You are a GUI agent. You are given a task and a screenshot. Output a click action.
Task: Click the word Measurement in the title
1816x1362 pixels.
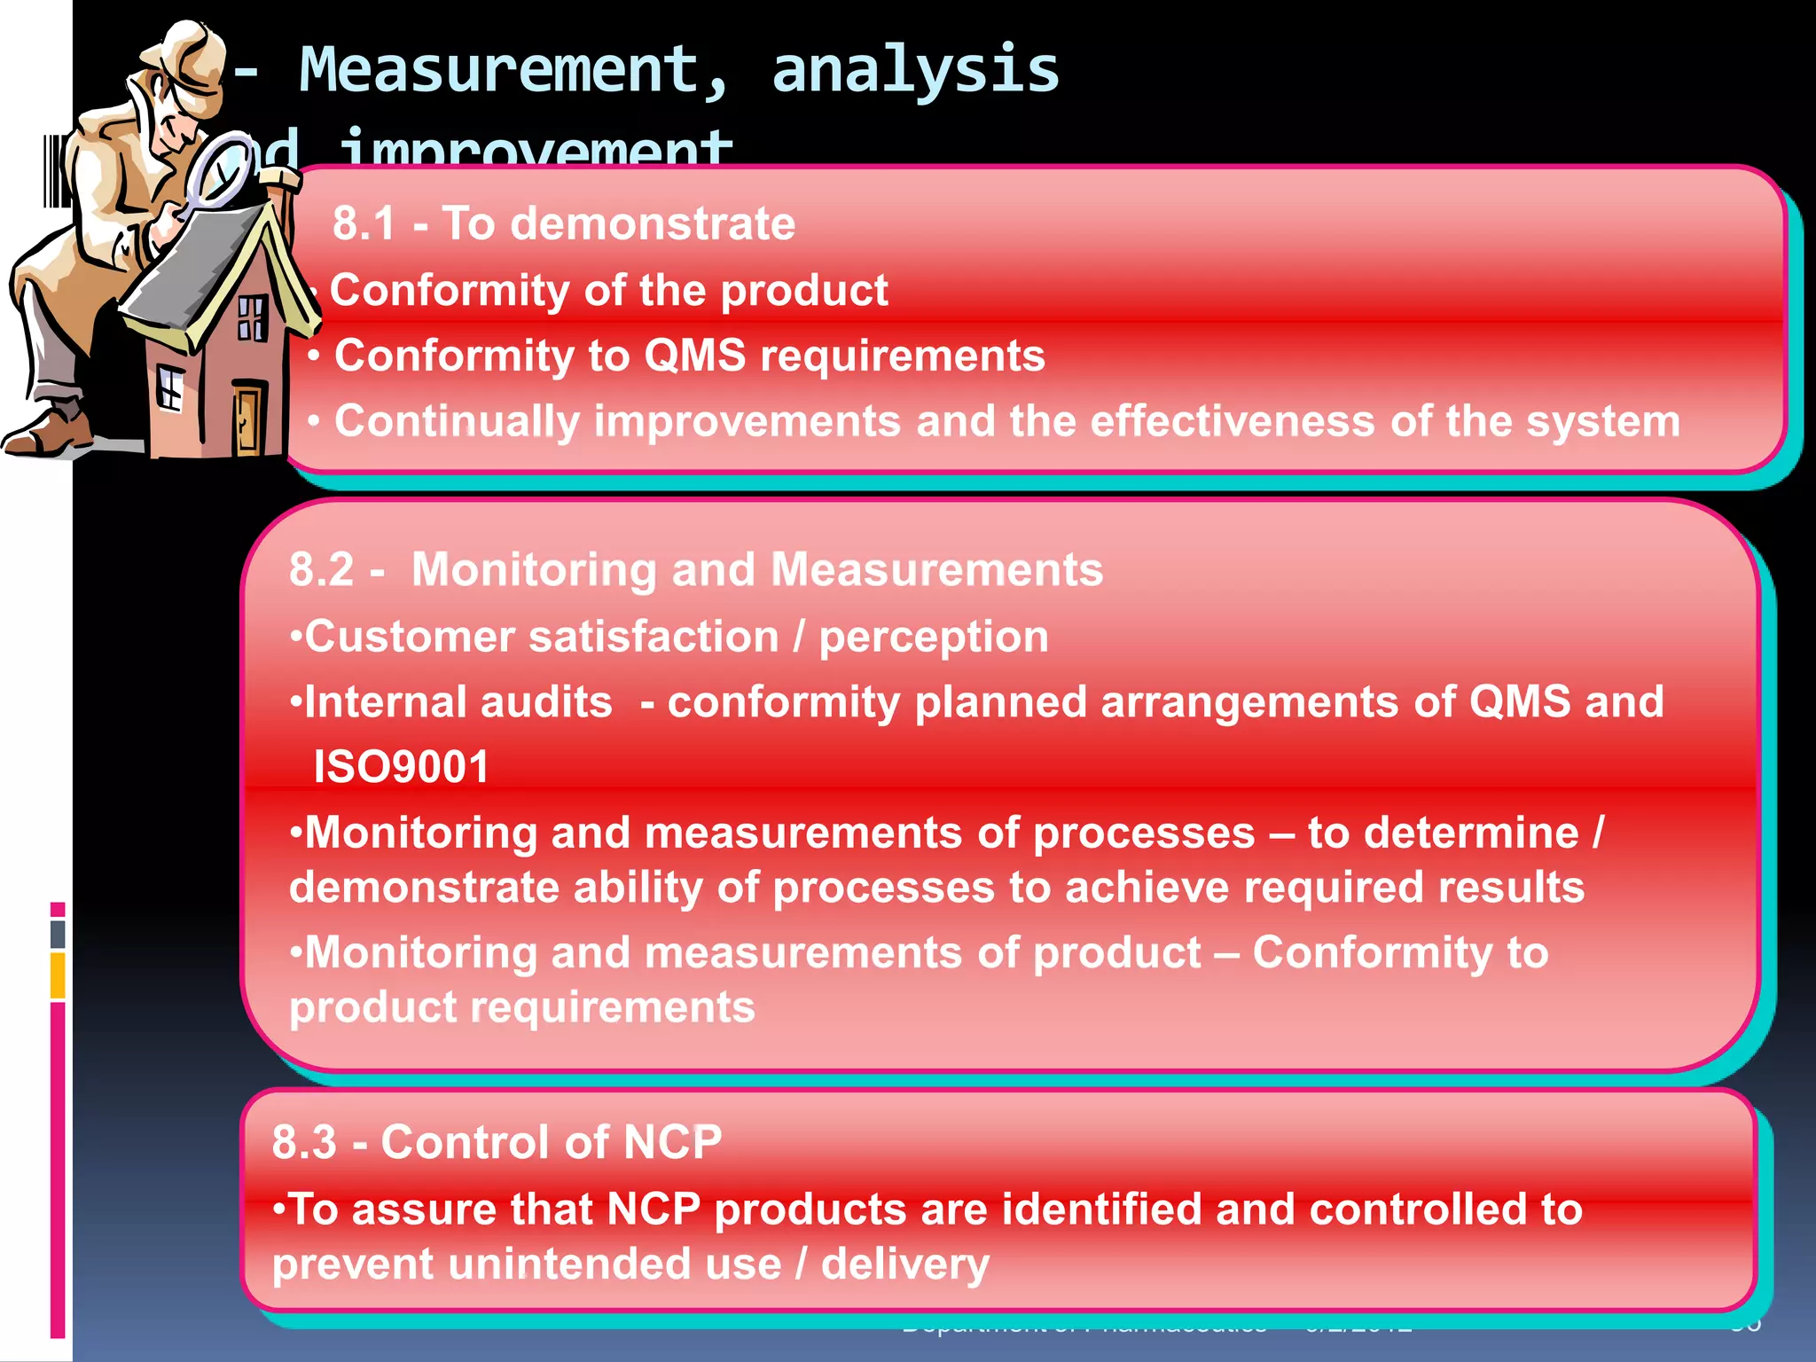coord(499,71)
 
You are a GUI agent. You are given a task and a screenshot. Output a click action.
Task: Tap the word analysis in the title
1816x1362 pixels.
coord(915,71)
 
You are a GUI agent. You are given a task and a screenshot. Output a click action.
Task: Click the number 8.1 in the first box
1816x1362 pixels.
coord(364,223)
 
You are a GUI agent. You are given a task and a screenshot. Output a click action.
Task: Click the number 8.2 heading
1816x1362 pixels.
coord(321,570)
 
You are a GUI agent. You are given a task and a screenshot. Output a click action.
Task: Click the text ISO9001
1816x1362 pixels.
coord(401,767)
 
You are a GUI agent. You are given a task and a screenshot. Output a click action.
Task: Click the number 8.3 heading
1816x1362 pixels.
coord(304,1142)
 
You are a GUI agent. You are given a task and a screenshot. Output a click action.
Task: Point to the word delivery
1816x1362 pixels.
coord(904,1264)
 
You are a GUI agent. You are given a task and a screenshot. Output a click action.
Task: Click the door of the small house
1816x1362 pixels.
coord(248,417)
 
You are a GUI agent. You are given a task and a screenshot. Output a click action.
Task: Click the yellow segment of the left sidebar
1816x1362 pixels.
coord(58,975)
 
